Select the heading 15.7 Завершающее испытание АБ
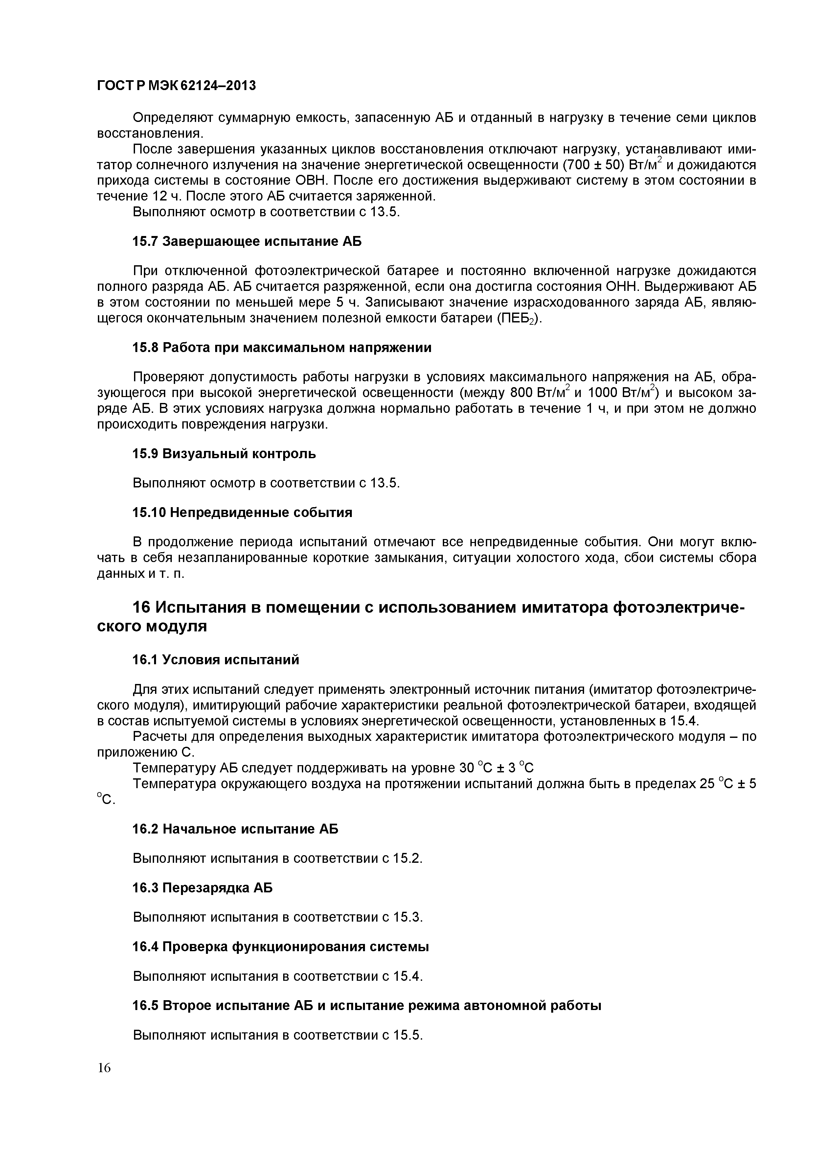click(246, 242)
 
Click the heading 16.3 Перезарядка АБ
click(202, 888)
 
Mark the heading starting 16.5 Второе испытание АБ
click(366, 1006)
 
